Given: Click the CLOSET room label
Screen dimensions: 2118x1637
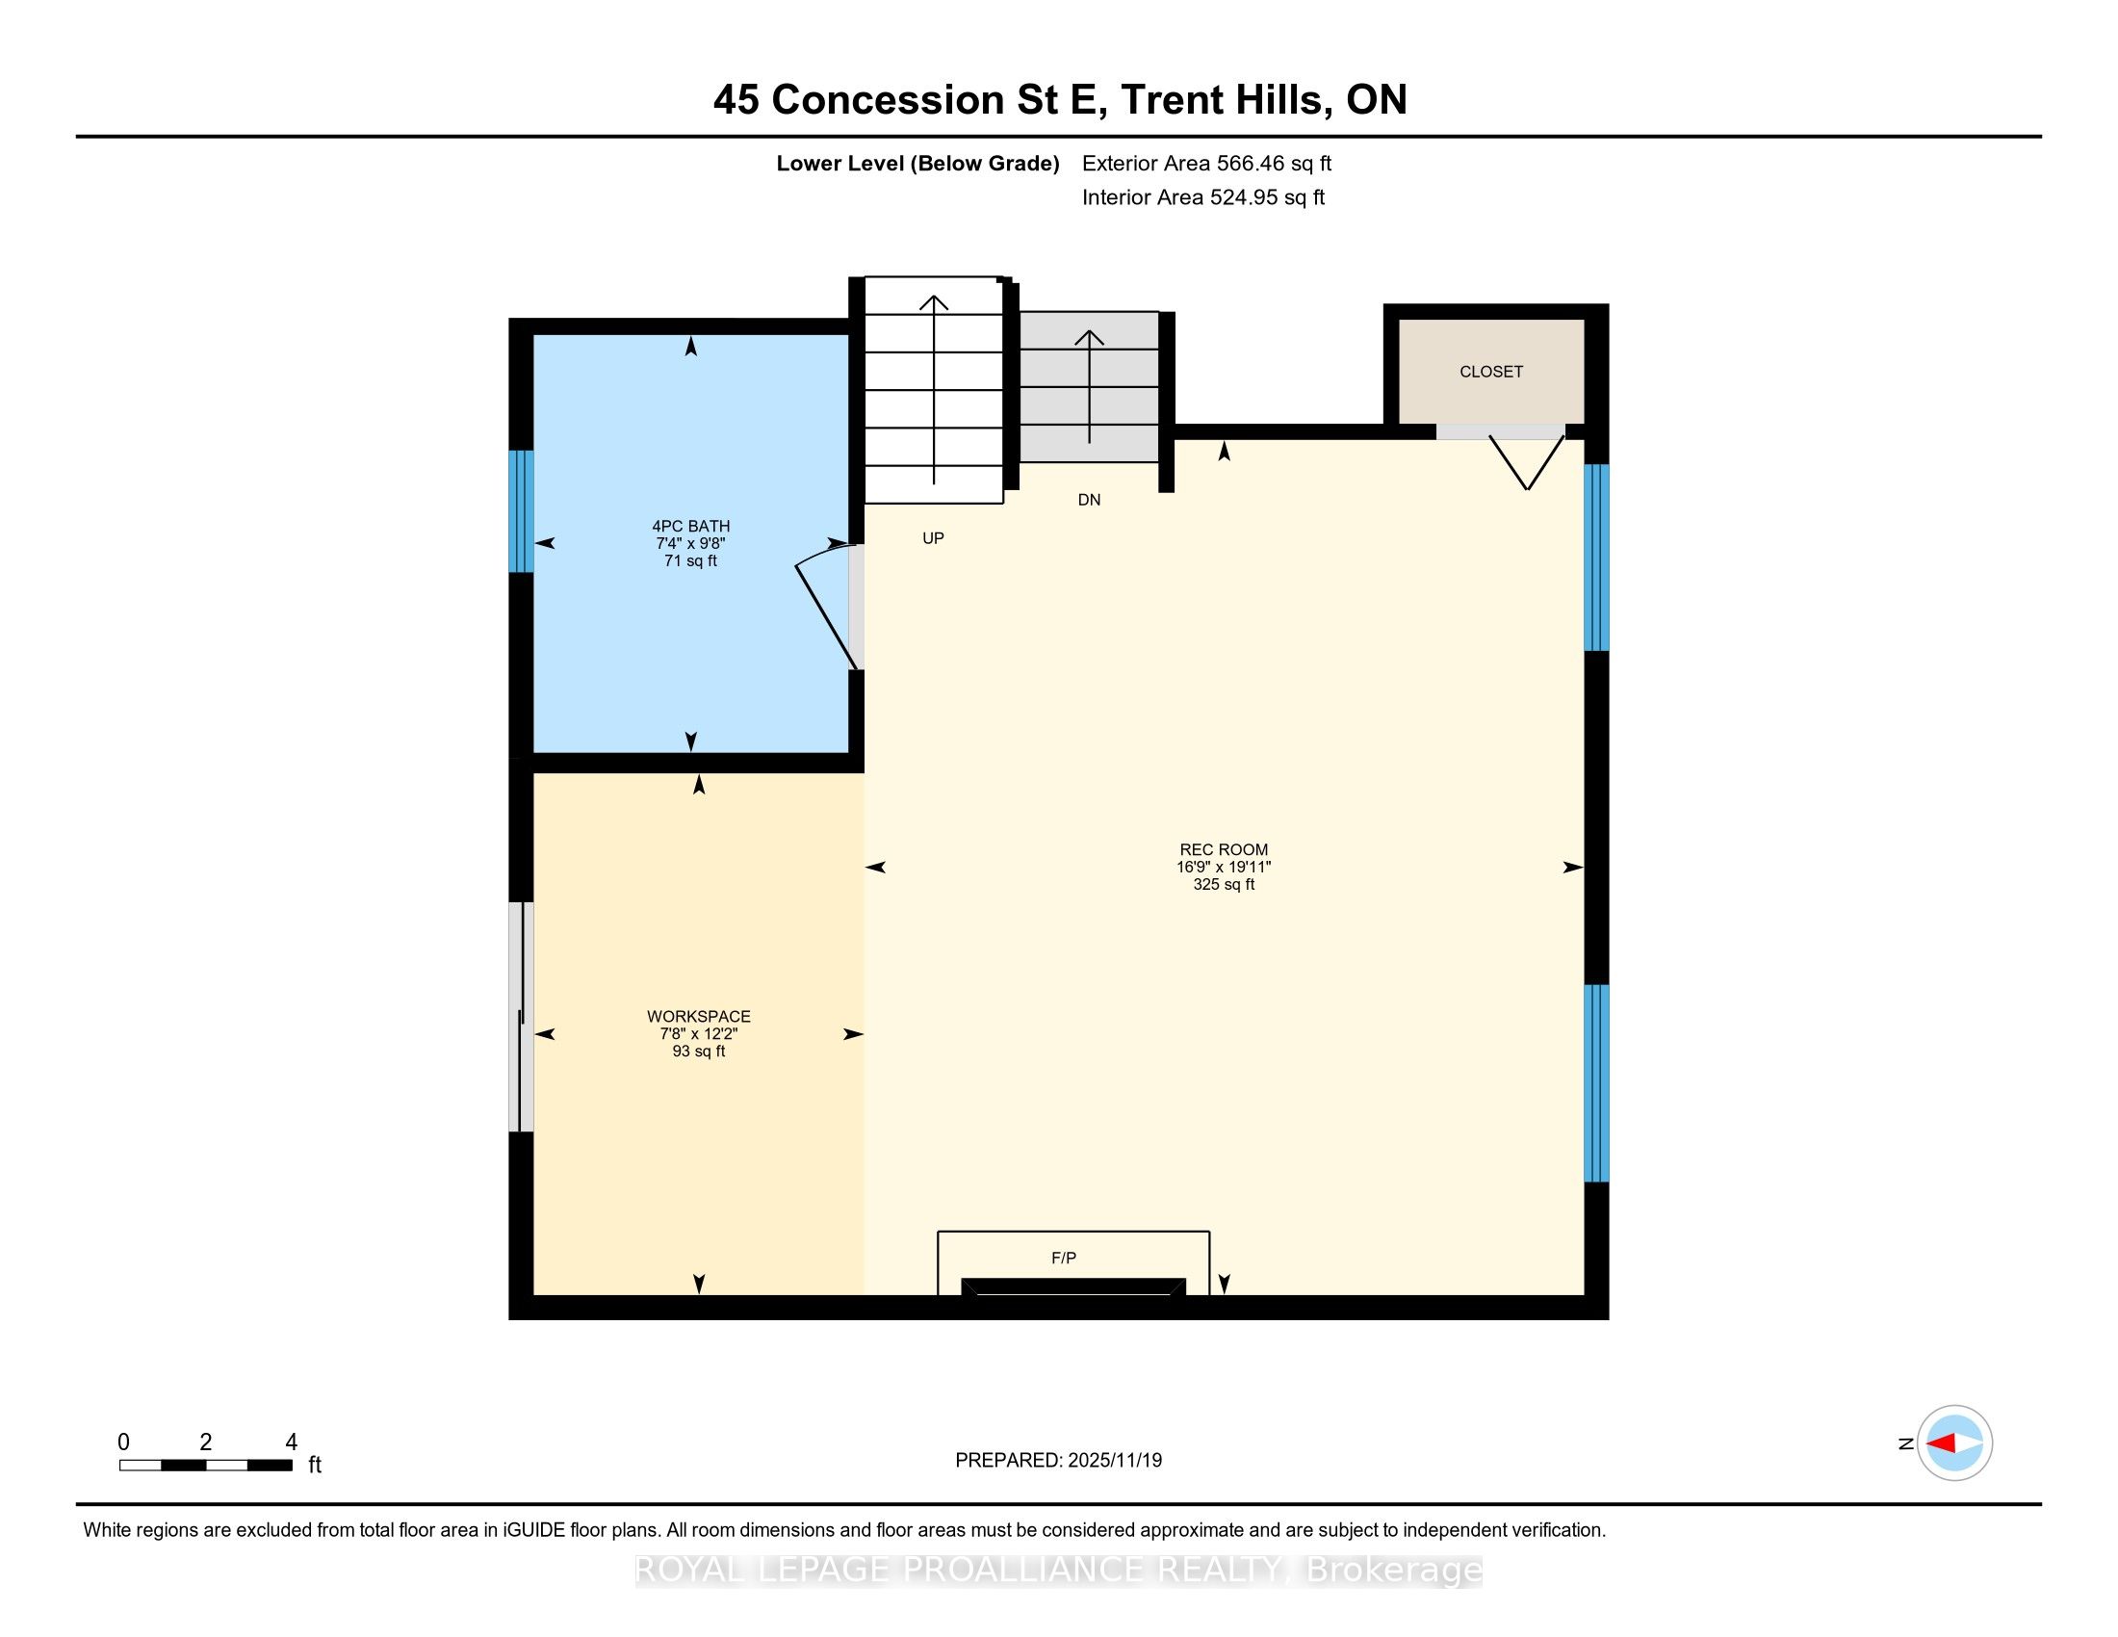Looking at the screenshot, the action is tap(1490, 372).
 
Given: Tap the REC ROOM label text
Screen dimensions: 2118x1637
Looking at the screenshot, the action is tap(1224, 849).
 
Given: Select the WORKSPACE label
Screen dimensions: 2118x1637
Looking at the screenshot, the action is tap(698, 1016).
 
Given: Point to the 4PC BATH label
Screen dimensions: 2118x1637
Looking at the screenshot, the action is tap(690, 526).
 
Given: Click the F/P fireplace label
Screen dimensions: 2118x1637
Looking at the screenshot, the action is tap(1064, 1258).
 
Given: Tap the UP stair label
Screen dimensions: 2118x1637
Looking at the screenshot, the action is tap(933, 538).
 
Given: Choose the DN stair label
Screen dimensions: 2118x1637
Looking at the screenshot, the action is tap(1089, 501).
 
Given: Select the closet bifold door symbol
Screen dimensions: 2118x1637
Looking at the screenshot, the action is tap(1527, 462).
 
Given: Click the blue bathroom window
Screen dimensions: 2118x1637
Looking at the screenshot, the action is tap(522, 511).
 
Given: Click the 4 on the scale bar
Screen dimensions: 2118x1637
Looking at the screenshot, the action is tap(291, 1442).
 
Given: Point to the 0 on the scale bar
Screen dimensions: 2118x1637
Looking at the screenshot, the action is tap(124, 1442).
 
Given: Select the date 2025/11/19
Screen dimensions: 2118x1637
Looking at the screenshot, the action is tap(1113, 1461).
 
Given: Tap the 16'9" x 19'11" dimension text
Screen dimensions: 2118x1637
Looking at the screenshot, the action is tap(1224, 867).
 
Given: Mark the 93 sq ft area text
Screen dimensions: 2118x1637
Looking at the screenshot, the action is tap(698, 1052).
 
